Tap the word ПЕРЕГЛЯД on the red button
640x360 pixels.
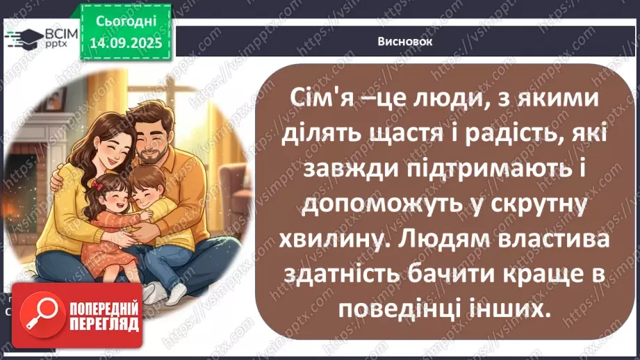(104, 323)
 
